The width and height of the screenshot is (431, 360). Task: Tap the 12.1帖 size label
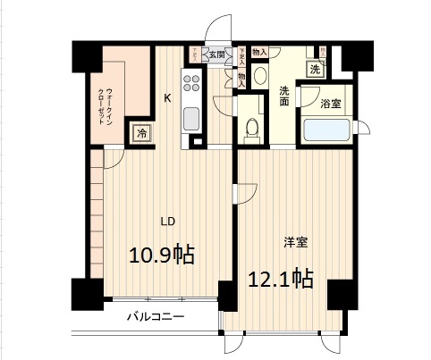pos(279,279)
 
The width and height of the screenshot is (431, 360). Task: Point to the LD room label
pos(167,221)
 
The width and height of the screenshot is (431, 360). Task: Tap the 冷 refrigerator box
pos(142,133)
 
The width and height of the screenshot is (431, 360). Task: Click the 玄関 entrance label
pos(217,54)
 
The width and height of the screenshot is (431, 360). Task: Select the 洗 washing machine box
pos(315,69)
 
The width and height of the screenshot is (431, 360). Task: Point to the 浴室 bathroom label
pos(331,104)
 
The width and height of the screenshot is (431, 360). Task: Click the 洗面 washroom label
pos(283,96)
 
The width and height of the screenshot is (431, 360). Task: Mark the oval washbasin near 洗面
pos(258,76)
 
